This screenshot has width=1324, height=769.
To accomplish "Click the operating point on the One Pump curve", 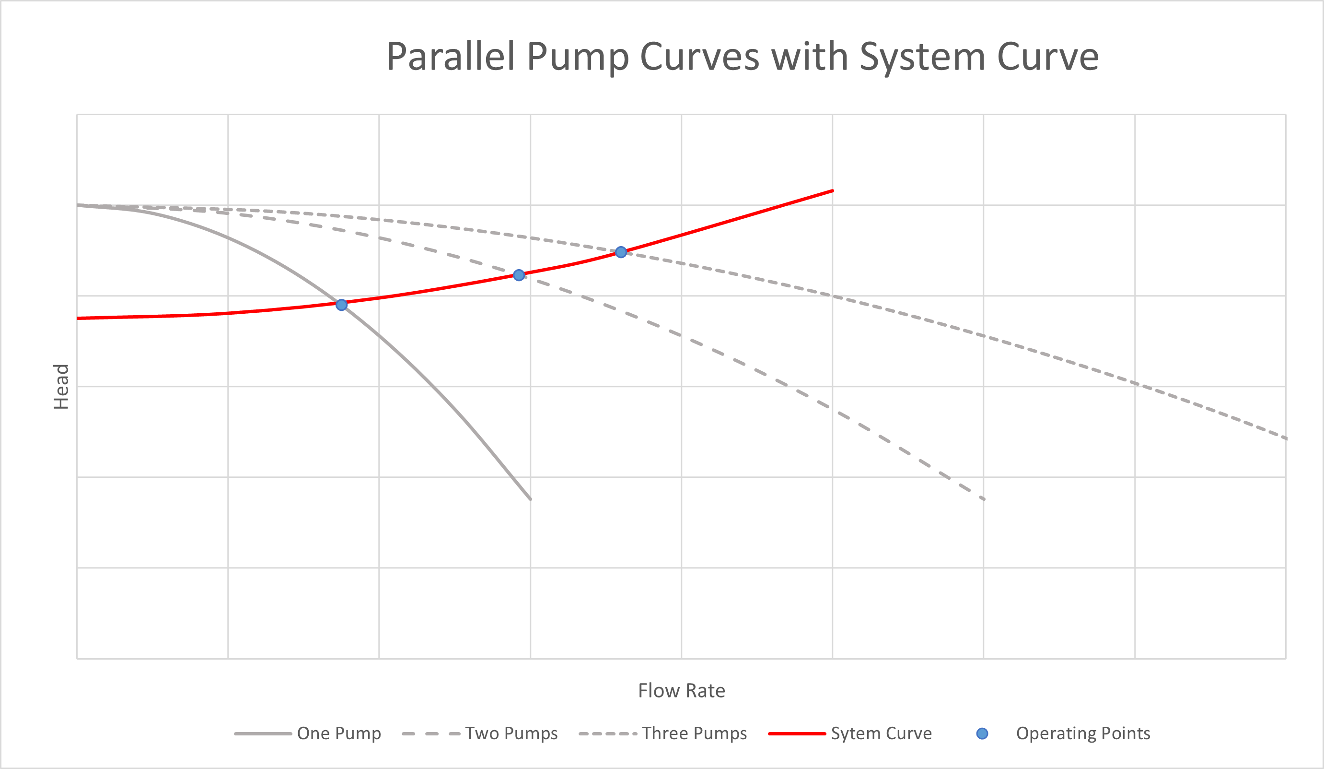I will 341,305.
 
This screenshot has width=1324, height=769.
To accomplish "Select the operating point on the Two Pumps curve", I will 519,275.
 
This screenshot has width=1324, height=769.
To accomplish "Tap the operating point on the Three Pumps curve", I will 621,252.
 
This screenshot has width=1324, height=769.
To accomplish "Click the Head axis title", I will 61,386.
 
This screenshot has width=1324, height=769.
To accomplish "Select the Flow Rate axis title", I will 682,690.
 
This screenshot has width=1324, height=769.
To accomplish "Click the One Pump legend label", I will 339,733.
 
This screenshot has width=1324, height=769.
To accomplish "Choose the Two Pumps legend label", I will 511,733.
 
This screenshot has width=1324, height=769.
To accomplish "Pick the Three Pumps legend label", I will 694,733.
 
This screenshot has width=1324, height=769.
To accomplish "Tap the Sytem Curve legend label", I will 881,733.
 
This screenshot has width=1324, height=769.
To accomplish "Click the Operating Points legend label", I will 1083,733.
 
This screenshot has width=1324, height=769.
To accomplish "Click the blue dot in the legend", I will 982,733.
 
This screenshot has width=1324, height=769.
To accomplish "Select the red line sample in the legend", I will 797,733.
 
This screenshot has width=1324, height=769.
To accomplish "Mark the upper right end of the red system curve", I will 832,191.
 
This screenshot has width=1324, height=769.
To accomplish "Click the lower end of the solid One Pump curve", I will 530,499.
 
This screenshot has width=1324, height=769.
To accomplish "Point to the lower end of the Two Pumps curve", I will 984,499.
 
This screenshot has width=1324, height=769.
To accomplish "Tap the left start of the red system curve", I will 78,318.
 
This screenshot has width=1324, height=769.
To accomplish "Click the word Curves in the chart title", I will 699,57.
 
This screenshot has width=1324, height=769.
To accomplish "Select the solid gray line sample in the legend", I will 263,733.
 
